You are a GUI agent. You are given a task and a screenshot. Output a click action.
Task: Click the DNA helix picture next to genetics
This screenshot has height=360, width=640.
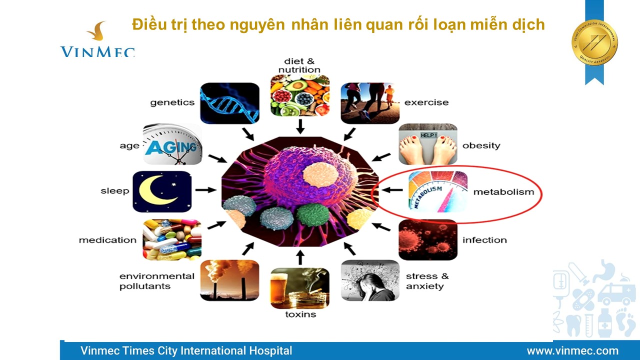coord(229,103)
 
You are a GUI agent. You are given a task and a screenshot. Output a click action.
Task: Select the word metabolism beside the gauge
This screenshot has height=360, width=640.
coord(503,191)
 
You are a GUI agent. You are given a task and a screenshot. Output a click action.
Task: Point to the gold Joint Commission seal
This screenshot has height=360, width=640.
coord(594,42)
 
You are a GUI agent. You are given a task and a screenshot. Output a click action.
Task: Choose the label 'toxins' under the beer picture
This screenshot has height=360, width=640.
coord(300,314)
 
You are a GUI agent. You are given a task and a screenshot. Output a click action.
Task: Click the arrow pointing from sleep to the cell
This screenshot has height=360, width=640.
coord(205,190)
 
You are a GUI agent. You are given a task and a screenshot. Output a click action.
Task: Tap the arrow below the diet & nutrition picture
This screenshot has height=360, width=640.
coord(300,126)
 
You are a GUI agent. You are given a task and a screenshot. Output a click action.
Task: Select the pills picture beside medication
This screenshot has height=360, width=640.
coord(172,239)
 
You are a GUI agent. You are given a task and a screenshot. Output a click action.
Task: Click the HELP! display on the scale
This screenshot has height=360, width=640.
coord(428,135)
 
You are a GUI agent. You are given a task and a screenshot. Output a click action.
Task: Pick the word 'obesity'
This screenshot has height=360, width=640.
coord(481,145)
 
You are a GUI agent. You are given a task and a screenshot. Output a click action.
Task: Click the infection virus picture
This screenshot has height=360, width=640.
coord(427,239)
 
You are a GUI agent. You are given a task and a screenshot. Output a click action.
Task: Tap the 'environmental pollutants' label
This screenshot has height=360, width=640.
coord(157,281)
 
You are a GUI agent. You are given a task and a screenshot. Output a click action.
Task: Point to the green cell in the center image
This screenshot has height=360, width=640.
coord(313,215)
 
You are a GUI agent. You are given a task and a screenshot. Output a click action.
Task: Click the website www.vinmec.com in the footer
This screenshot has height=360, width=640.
coord(572,350)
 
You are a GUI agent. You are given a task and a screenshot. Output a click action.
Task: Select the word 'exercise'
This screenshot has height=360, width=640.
coord(426,102)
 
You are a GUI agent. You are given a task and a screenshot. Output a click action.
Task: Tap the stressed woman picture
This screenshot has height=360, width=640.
coord(370,280)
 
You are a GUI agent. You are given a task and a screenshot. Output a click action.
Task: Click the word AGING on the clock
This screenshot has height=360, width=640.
coord(171,147)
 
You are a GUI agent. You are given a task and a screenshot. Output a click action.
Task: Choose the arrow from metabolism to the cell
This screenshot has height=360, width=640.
coord(392,190)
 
